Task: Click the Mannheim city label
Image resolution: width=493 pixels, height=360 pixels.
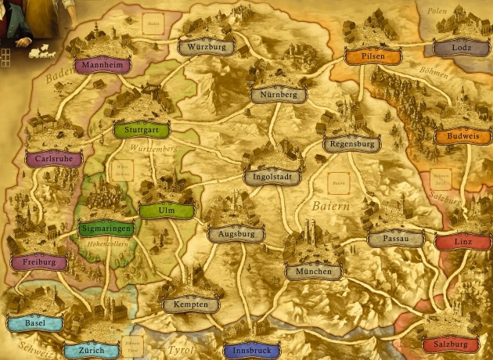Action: click(x=103, y=66)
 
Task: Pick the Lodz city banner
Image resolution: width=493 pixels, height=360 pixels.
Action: click(x=462, y=48)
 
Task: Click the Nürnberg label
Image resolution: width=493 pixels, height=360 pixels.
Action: click(x=279, y=95)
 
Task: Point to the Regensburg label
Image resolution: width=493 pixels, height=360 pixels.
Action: click(x=351, y=145)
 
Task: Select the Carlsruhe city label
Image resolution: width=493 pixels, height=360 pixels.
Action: click(x=54, y=160)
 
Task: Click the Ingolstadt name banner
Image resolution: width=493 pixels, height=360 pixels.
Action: click(x=272, y=178)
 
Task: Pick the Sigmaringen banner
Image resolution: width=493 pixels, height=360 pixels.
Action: click(x=106, y=229)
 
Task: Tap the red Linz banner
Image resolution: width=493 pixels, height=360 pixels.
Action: click(x=462, y=242)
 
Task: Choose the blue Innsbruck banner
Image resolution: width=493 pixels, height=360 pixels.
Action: click(x=251, y=351)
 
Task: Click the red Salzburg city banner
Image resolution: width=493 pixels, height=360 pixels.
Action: click(x=449, y=344)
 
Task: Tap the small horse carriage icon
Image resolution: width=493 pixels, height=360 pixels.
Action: click(x=38, y=54)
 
